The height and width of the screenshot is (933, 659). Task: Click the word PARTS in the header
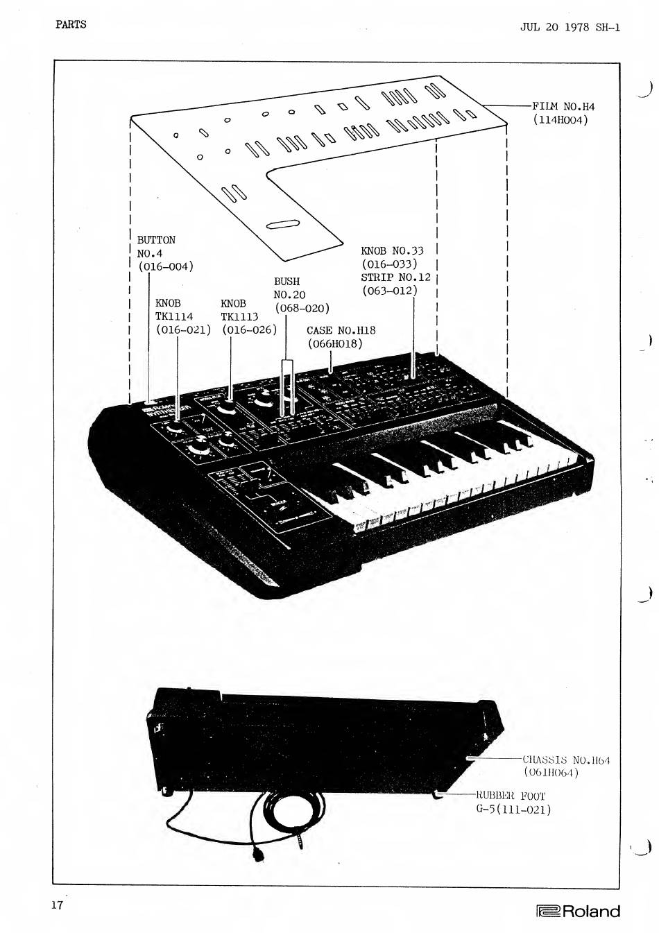point(71,24)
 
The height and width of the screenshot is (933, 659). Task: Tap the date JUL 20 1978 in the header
point(554,27)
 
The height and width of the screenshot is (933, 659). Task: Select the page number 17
point(57,905)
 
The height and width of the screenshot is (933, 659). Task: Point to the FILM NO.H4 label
point(563,106)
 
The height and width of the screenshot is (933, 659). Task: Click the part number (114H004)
point(560,119)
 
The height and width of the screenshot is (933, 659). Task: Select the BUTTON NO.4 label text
point(155,246)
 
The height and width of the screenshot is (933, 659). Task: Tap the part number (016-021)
point(183,329)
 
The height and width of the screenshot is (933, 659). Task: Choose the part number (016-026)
point(249,329)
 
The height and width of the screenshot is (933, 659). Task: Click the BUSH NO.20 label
point(289,288)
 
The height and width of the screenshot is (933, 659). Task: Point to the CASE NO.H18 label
point(341,330)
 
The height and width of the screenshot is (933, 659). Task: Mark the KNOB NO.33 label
point(392,250)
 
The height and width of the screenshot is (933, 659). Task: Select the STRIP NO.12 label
point(395,277)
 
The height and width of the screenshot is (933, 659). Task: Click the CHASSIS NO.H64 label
point(565,760)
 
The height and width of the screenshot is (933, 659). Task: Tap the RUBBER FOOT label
point(511,796)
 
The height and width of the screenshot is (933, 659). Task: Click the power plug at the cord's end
point(260,855)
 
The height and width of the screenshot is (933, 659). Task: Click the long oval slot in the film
point(282,223)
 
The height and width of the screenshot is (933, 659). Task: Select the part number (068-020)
point(302,308)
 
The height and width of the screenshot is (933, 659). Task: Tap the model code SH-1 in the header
point(608,27)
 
